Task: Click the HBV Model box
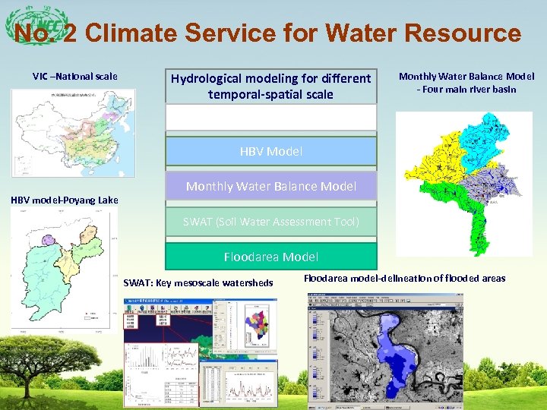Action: click(271, 151)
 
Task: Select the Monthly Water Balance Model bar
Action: click(271, 186)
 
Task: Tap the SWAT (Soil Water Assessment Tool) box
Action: click(271, 222)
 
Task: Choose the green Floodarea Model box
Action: click(271, 257)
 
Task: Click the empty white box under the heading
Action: click(271, 118)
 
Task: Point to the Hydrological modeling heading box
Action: click(271, 87)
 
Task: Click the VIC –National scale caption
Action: click(74, 76)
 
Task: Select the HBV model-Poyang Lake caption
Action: click(64, 200)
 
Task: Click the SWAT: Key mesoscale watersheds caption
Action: click(198, 283)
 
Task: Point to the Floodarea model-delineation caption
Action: click(404, 279)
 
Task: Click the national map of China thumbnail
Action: click(73, 133)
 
